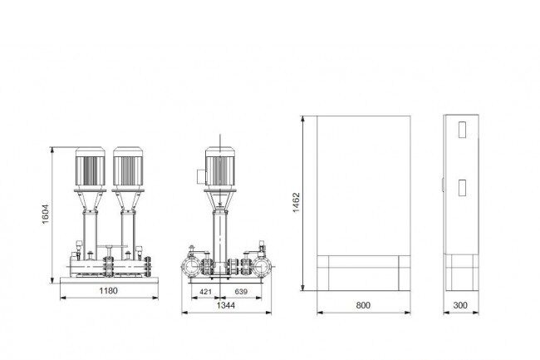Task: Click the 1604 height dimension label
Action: point(46,214)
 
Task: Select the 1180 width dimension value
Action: point(108,291)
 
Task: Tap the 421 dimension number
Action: point(205,292)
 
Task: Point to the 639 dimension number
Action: point(241,292)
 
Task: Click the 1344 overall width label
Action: point(226,305)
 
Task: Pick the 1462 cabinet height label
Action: point(297,203)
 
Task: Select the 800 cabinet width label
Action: point(363,305)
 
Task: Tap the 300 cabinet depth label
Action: point(460,305)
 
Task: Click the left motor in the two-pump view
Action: point(91,167)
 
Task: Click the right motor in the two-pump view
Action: point(128,167)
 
